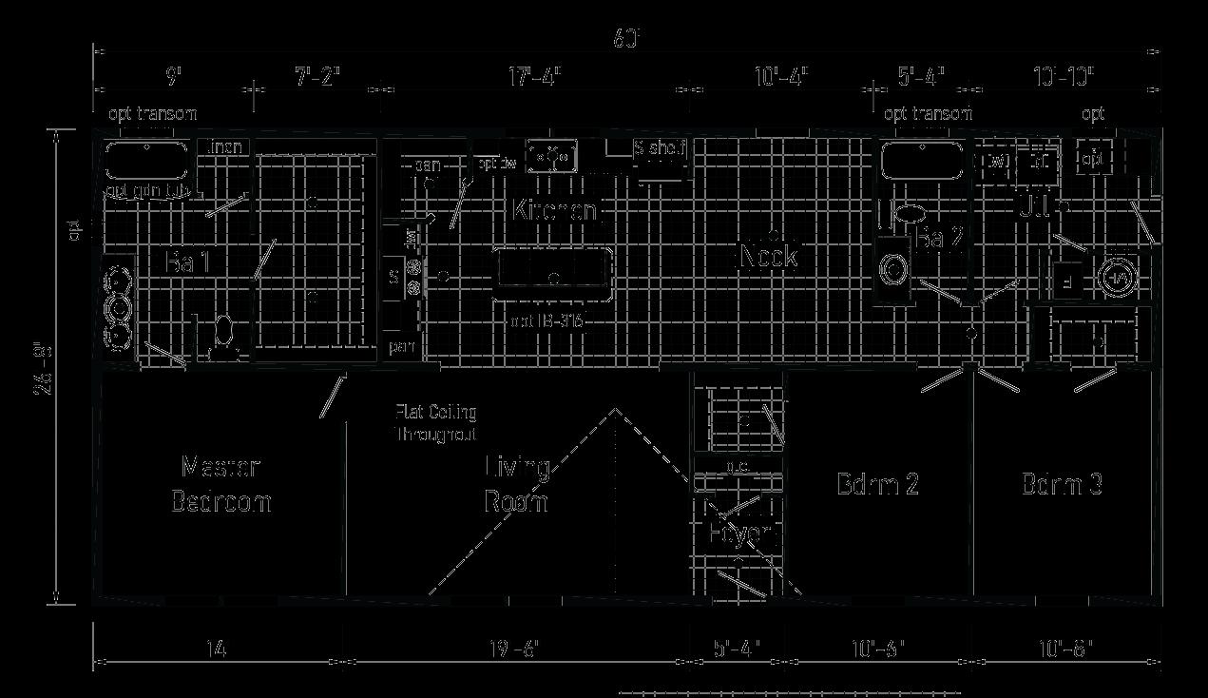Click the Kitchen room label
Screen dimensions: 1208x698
(554, 210)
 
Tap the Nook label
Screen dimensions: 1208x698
(768, 255)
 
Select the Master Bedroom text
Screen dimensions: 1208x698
(221, 484)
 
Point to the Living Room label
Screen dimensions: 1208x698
(517, 484)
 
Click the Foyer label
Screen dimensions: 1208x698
(742, 533)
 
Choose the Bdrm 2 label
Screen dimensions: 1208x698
(877, 484)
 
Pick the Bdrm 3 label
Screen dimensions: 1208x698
(1062, 484)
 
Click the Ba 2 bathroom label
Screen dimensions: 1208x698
(941, 239)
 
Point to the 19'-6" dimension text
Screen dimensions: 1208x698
(514, 649)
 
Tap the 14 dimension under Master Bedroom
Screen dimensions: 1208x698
(216, 649)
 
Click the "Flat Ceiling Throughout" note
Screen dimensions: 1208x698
(436, 422)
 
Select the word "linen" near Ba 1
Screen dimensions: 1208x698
(225, 147)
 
